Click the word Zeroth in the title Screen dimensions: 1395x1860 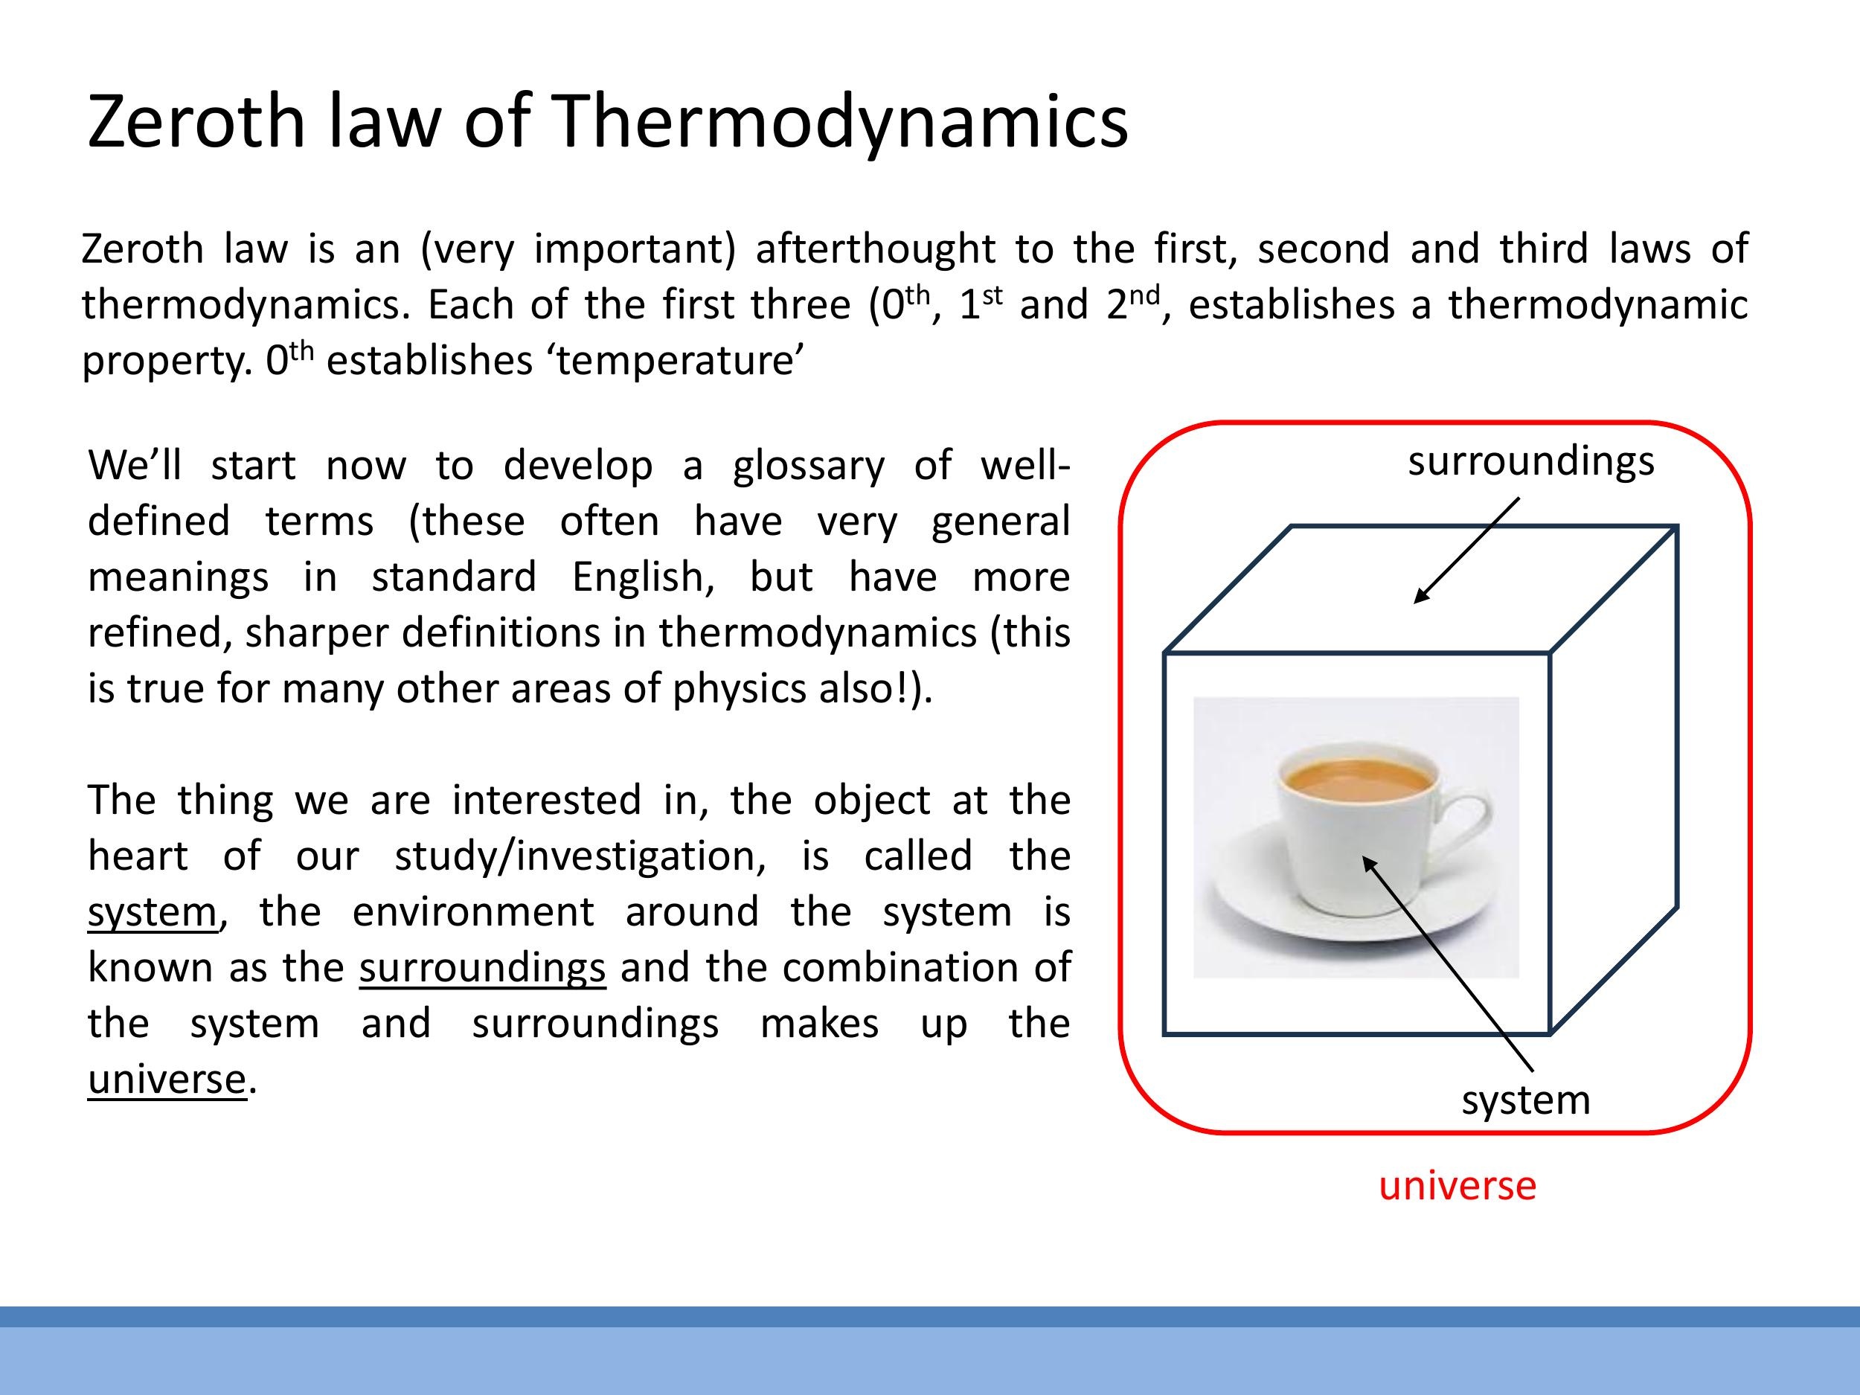[196, 121]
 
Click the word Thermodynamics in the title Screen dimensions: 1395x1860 [840, 121]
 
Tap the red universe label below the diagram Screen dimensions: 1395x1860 [1457, 1184]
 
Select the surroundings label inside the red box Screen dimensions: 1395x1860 [1530, 461]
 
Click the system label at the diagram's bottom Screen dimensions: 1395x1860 [1525, 1100]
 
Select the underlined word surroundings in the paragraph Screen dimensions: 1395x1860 [482, 968]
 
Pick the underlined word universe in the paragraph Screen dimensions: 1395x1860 [167, 1079]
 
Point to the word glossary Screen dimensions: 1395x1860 [808, 465]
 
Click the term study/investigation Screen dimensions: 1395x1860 [580, 856]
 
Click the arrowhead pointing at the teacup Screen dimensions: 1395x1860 [1367, 861]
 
